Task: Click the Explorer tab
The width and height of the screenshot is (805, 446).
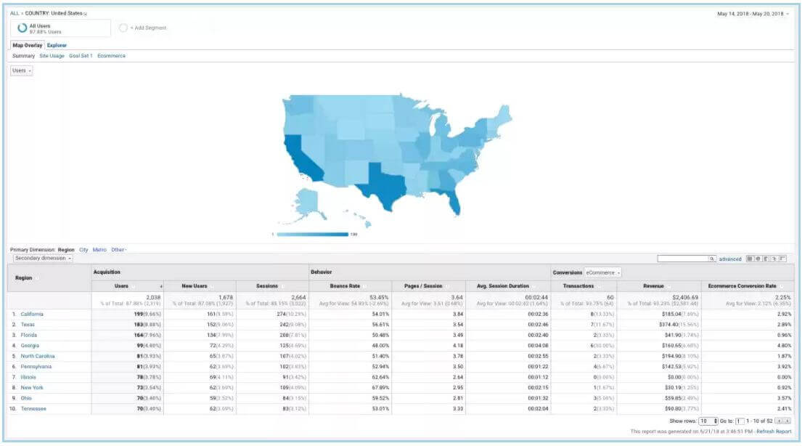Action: tap(57, 45)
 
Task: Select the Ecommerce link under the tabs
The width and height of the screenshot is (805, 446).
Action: tap(111, 56)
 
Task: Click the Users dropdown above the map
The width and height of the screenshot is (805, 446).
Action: tap(21, 70)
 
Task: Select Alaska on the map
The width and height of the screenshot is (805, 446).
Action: tap(308, 203)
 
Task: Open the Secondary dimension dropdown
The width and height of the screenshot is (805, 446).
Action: tap(42, 258)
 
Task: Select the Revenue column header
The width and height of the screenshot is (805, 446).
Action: tap(653, 285)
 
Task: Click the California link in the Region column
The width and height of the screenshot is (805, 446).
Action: tap(32, 314)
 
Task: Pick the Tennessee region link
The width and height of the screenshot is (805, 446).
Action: tap(33, 408)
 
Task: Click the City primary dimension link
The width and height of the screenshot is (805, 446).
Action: tap(83, 250)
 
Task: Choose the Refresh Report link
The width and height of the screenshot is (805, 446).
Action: tap(773, 431)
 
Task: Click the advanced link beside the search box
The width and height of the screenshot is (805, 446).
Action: tap(730, 259)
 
